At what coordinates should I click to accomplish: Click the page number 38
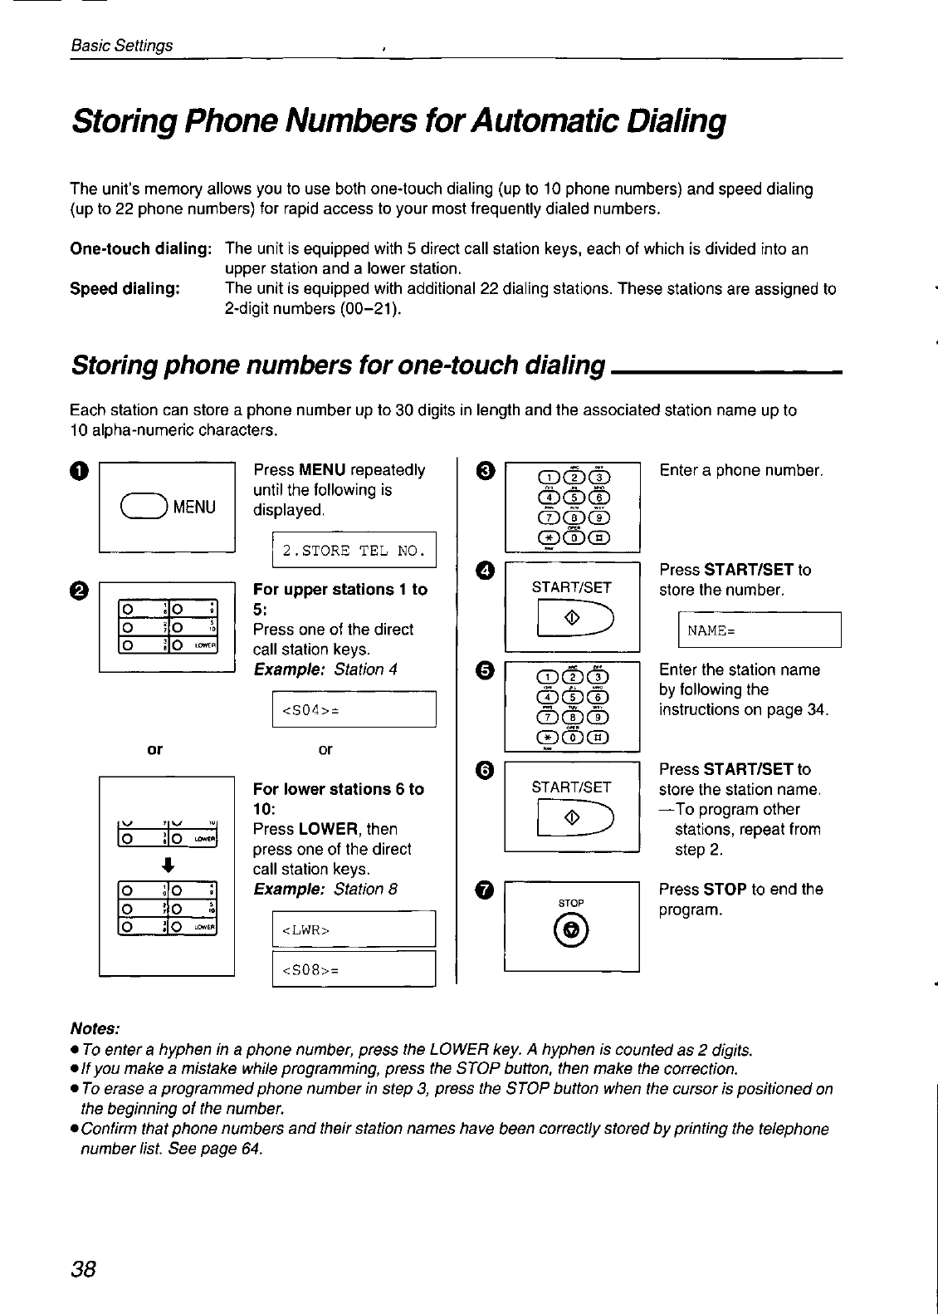click(x=85, y=1268)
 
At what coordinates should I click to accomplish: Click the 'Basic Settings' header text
click(x=122, y=46)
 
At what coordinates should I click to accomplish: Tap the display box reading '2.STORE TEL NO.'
click(x=354, y=550)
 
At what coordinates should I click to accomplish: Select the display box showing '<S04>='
click(x=354, y=709)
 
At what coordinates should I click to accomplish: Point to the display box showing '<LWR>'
click(x=354, y=929)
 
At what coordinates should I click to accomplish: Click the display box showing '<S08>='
click(x=354, y=969)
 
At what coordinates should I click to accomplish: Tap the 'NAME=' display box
click(x=760, y=630)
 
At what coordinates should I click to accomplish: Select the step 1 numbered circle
click(x=78, y=471)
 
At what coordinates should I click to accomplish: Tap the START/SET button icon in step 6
click(x=572, y=819)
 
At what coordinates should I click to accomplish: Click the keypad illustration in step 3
click(x=572, y=507)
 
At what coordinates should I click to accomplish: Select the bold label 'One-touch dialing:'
click(x=141, y=249)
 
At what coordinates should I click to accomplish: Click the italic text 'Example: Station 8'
click(x=325, y=890)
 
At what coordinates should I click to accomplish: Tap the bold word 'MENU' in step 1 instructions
click(x=323, y=470)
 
